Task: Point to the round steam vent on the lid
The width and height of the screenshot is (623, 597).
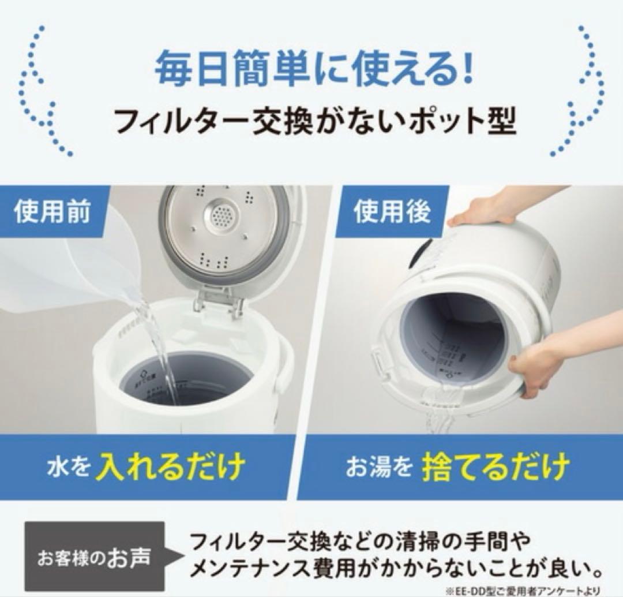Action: click(220, 218)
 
